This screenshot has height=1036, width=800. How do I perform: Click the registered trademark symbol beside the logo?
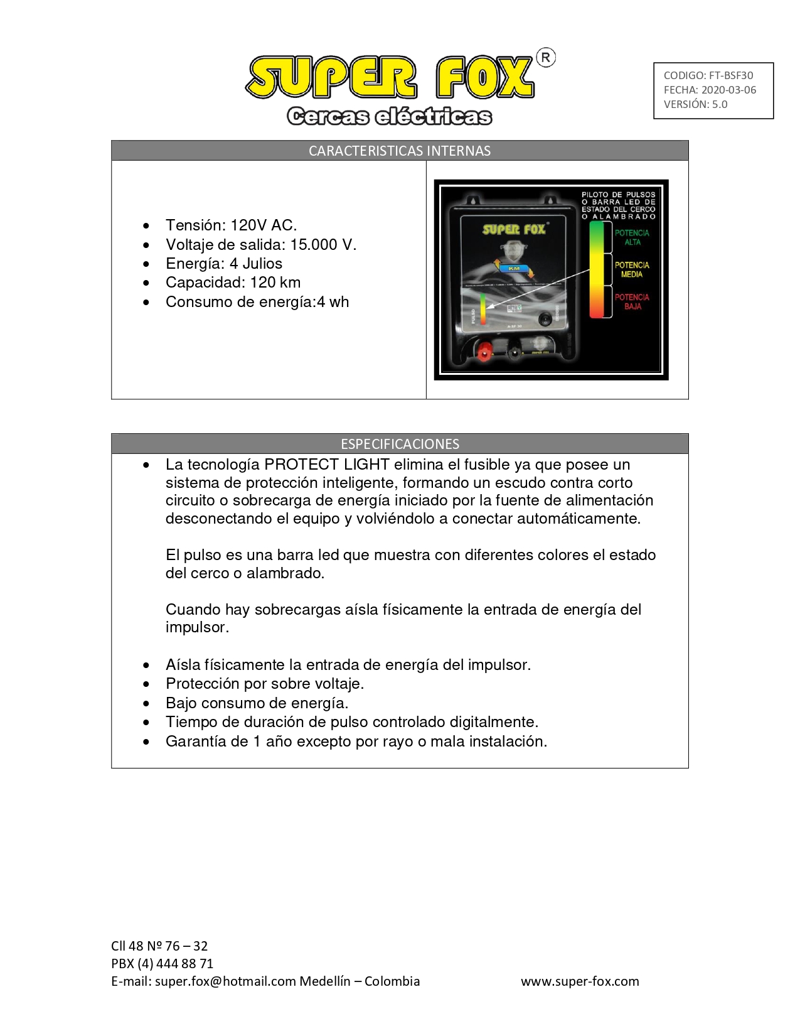(x=546, y=58)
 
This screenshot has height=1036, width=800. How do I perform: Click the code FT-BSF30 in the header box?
(x=730, y=75)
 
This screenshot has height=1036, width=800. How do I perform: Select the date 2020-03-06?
(x=728, y=90)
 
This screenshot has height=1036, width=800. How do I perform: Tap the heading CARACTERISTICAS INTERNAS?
(x=400, y=151)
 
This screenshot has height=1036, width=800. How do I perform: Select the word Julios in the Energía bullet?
(x=262, y=264)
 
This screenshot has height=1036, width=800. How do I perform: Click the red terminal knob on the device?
(x=484, y=352)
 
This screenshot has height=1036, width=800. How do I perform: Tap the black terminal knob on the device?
(x=515, y=352)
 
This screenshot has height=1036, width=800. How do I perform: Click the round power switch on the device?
(x=548, y=318)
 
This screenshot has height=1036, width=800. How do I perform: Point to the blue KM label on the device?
(x=514, y=268)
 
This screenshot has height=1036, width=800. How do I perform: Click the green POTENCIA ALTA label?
(x=632, y=237)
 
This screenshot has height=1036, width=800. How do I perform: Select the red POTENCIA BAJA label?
(x=632, y=302)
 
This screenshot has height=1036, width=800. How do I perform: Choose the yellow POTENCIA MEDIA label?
(x=632, y=270)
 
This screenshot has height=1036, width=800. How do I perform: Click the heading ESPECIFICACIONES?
(x=400, y=444)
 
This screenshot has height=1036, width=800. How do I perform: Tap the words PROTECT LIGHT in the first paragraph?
(x=326, y=465)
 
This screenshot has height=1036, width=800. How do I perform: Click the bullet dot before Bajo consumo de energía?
(x=146, y=703)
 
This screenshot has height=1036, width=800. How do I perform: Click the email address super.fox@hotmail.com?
(x=225, y=981)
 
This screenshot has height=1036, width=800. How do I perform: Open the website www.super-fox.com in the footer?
(x=580, y=981)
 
